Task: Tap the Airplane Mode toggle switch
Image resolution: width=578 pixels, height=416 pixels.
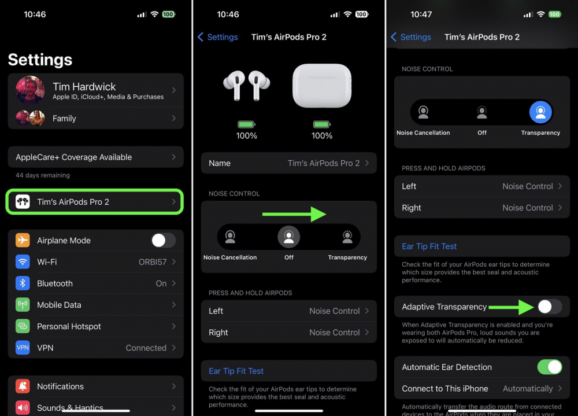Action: pyautogui.click(x=163, y=240)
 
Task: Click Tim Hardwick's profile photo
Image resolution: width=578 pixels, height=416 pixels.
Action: pyautogui.click(x=30, y=90)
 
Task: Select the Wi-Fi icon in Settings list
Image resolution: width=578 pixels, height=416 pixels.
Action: pyautogui.click(x=23, y=262)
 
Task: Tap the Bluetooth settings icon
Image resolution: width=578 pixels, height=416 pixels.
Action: pyautogui.click(x=23, y=284)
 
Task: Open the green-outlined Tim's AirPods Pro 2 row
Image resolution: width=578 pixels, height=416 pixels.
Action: pyautogui.click(x=95, y=202)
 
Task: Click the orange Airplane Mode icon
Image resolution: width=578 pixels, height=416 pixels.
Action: pyautogui.click(x=23, y=241)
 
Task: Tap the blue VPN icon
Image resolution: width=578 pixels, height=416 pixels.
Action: pyautogui.click(x=23, y=348)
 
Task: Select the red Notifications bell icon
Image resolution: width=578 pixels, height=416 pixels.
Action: pyautogui.click(x=23, y=386)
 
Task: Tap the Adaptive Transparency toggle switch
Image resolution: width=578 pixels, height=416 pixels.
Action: pyautogui.click(x=549, y=307)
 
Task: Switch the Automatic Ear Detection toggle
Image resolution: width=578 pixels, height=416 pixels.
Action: pyautogui.click(x=549, y=367)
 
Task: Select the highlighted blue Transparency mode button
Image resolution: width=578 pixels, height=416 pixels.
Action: pyautogui.click(x=540, y=112)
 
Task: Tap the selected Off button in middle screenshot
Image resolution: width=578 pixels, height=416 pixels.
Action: pyautogui.click(x=289, y=236)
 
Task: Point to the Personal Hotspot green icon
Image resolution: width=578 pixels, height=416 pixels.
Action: pyautogui.click(x=23, y=326)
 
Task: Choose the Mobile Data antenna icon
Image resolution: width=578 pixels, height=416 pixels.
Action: pyautogui.click(x=23, y=305)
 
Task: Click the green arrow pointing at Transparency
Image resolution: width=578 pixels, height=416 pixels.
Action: pyautogui.click(x=294, y=215)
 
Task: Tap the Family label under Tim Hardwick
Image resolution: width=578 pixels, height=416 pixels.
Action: pyautogui.click(x=64, y=119)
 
